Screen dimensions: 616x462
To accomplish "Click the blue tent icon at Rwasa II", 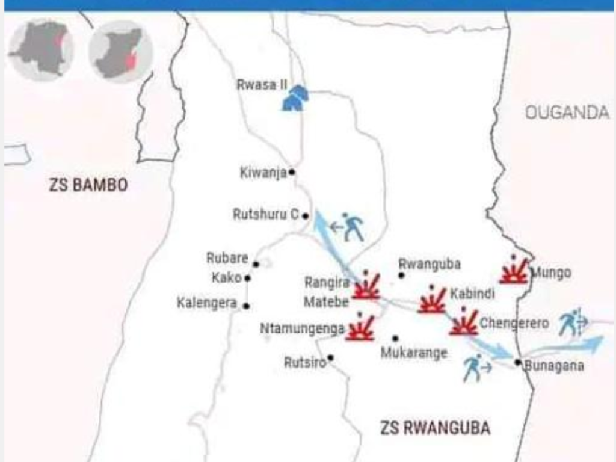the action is click(x=295, y=98).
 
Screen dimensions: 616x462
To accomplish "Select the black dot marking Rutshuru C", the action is click(x=306, y=215).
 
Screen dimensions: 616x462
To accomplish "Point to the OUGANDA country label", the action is click(x=567, y=112).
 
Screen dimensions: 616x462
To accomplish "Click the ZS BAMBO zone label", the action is click(x=88, y=185).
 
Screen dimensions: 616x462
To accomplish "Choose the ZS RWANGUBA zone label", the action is click(x=435, y=428).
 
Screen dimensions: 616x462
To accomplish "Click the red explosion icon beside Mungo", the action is click(x=514, y=271).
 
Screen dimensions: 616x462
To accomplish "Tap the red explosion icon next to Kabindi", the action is click(x=432, y=300).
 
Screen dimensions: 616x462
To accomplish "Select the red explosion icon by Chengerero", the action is click(x=463, y=323).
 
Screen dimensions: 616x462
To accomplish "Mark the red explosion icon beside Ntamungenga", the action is click(x=360, y=328).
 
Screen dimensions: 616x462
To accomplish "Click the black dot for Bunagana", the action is click(x=517, y=362).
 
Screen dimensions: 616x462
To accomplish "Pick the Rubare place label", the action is click(x=227, y=258).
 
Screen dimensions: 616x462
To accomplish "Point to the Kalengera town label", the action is click(x=206, y=303).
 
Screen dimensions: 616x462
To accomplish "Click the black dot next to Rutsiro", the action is click(x=330, y=357).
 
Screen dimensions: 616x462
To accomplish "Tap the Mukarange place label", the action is click(x=414, y=353).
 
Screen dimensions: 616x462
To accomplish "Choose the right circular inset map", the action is click(x=121, y=51).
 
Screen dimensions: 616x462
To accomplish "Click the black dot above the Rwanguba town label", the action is click(x=401, y=275).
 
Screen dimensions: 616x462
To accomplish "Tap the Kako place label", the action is click(x=226, y=278).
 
